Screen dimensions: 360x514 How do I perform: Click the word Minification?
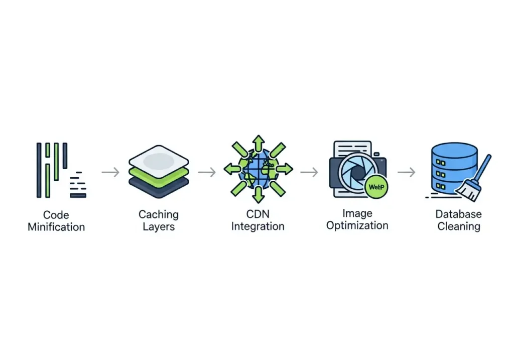pyautogui.click(x=56, y=227)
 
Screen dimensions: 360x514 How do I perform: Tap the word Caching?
pyautogui.click(x=159, y=214)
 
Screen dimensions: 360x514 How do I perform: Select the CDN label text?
pyautogui.click(x=258, y=214)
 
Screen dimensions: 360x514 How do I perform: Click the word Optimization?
pyautogui.click(x=357, y=225)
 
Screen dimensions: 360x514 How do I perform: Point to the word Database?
pyautogui.click(x=459, y=214)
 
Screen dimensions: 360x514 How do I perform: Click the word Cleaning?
pyautogui.click(x=459, y=226)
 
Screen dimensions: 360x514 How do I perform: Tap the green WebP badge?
pyautogui.click(x=376, y=187)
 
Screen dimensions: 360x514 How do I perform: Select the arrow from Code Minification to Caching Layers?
pyautogui.click(x=110, y=172)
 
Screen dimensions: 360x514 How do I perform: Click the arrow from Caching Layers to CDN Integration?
pyautogui.click(x=207, y=172)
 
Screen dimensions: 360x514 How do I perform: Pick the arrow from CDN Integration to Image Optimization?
pyautogui.click(x=309, y=172)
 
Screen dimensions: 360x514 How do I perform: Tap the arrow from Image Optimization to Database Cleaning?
pyautogui.click(x=407, y=172)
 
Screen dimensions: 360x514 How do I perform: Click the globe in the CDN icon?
pyautogui.click(x=258, y=169)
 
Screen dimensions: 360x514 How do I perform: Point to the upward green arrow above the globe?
pyautogui.click(x=258, y=143)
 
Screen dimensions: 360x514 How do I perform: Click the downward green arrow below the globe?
pyautogui.click(x=258, y=194)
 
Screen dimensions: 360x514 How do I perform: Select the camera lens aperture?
pyautogui.click(x=357, y=172)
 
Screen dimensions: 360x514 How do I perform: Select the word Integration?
pyautogui.click(x=258, y=226)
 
